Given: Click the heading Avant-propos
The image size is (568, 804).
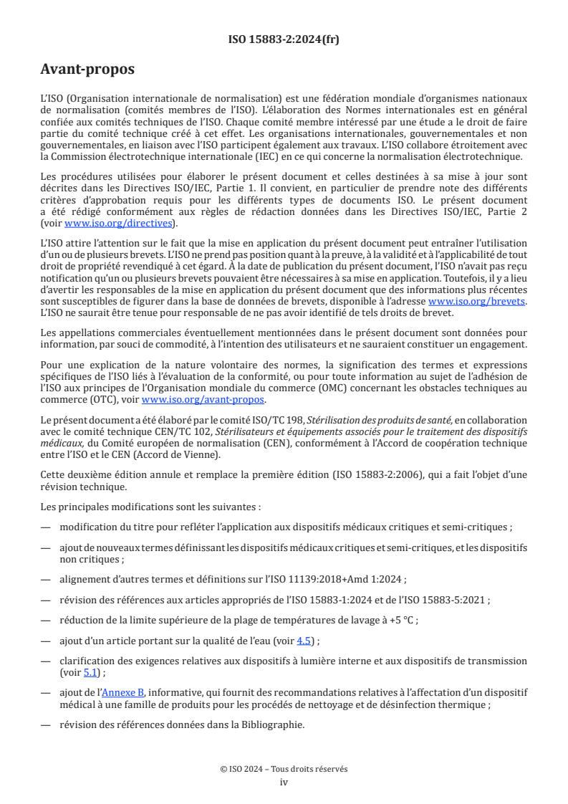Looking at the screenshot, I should click(x=87, y=70).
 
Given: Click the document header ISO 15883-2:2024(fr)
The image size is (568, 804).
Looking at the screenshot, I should click(x=284, y=39).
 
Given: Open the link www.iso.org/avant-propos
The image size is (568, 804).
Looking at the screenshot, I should click(x=203, y=400).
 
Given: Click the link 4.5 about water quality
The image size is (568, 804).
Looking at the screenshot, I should click(x=304, y=641).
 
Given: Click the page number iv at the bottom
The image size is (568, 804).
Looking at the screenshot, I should click(x=284, y=782).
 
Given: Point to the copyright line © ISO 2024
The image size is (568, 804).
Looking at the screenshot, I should click(x=284, y=769).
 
